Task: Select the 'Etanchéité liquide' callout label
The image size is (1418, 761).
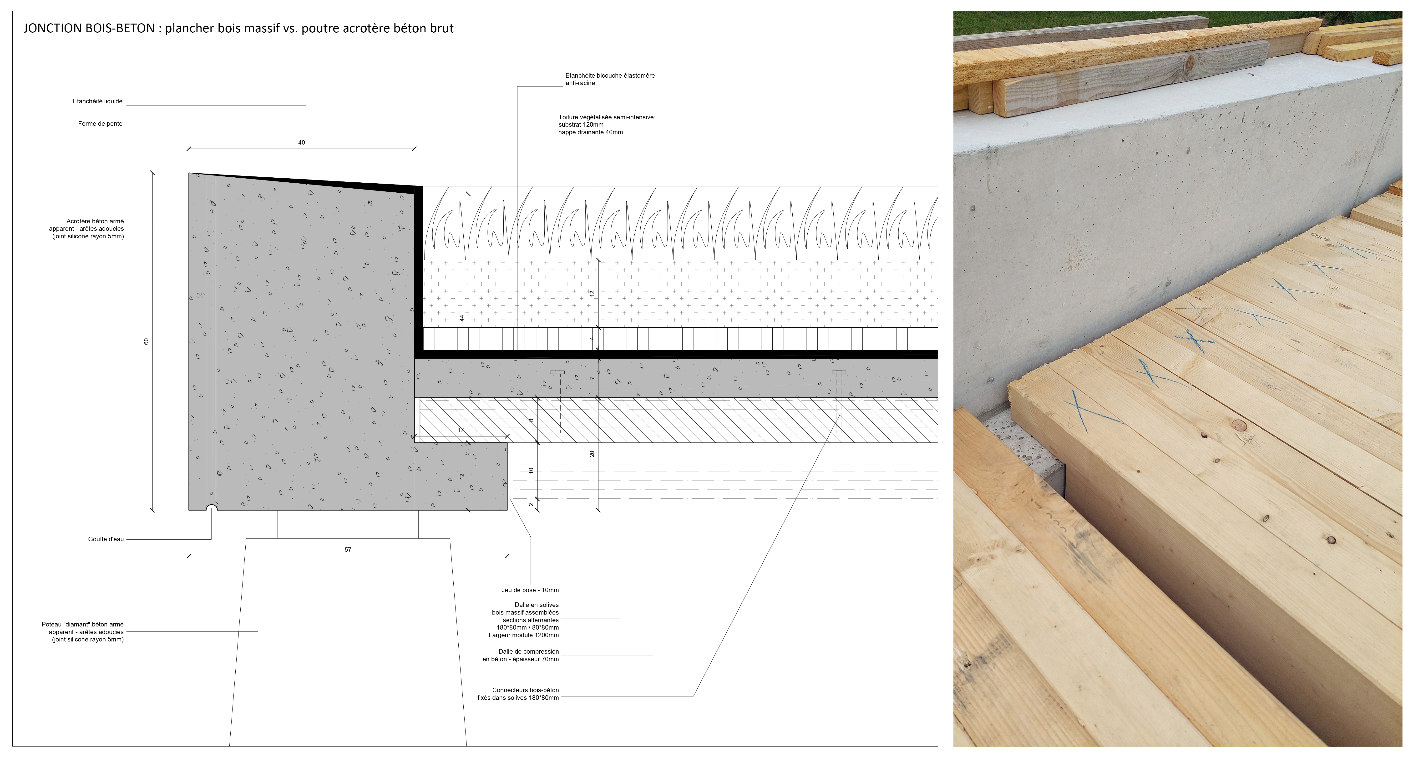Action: (x=97, y=101)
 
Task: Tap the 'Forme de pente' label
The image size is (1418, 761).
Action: (x=100, y=124)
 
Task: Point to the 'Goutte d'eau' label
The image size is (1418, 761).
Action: (x=106, y=539)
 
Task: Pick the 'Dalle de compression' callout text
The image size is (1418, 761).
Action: (x=528, y=651)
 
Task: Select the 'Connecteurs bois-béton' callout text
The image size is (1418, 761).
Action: (x=526, y=690)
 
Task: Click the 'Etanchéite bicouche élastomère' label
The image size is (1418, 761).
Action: (x=610, y=75)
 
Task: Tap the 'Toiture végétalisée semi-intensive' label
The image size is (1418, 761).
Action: (x=607, y=117)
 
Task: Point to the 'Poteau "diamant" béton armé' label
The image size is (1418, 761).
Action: (x=83, y=625)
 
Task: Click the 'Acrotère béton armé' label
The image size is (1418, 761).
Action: (x=95, y=221)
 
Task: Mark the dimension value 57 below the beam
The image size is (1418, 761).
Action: (x=348, y=550)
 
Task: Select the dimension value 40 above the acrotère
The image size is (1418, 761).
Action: (x=302, y=143)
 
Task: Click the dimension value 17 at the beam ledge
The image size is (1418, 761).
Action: (x=461, y=430)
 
